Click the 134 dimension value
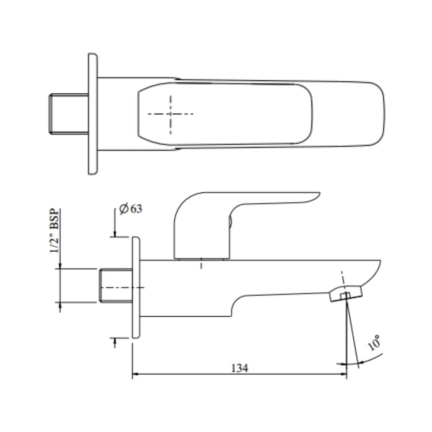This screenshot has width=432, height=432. click(x=240, y=368)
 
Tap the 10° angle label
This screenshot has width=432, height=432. click(x=374, y=343)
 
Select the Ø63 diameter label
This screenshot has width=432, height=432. click(x=130, y=209)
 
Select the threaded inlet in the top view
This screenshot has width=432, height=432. click(x=68, y=114)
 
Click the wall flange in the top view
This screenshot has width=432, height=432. click(x=93, y=114)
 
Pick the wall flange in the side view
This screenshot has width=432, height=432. click(x=136, y=287)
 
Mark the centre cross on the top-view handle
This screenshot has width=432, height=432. click(x=171, y=114)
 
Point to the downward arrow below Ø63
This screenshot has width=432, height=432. click(x=115, y=234)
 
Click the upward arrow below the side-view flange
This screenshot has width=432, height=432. click(x=115, y=341)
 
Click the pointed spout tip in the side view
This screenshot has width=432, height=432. click(x=378, y=264)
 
